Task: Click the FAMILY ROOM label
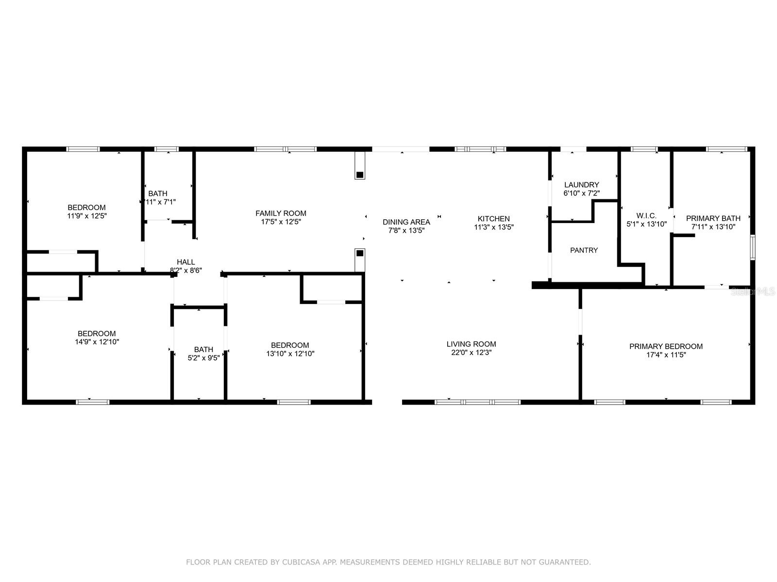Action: pos(281,213)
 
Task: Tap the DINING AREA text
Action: pos(406,222)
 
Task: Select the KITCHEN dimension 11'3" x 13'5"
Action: pos(494,227)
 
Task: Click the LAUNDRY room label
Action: pos(581,185)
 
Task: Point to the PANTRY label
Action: pos(584,250)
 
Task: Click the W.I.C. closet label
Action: pos(646,216)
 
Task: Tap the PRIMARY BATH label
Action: pos(713,218)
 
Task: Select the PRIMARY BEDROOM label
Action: pos(666,346)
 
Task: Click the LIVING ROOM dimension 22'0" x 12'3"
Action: pos(471,353)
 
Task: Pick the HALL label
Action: pos(186,262)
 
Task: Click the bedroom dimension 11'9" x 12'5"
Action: pos(86,216)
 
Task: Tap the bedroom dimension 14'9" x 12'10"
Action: pos(97,342)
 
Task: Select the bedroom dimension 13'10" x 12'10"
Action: pos(290,354)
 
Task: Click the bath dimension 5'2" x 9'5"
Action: pos(203,358)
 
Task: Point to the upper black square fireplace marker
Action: pos(360,175)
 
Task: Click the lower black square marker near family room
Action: pos(360,253)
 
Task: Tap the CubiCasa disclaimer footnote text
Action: pos(388,562)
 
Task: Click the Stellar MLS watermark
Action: pos(753,291)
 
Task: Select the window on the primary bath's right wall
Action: pos(752,247)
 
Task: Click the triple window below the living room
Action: pos(477,402)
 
